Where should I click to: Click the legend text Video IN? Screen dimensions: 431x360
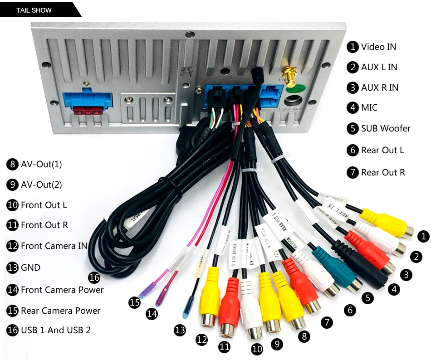[378, 47]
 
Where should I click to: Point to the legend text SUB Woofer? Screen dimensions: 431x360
[385, 128]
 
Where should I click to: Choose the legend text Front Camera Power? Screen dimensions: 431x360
[62, 290]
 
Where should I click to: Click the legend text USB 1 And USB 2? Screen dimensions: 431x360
[55, 330]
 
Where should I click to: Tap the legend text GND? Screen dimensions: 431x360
[30, 268]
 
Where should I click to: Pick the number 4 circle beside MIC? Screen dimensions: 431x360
[353, 108]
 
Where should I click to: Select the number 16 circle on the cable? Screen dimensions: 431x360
[94, 277]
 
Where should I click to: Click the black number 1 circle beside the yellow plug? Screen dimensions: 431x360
[423, 236]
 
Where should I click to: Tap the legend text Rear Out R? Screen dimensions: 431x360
[383, 172]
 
